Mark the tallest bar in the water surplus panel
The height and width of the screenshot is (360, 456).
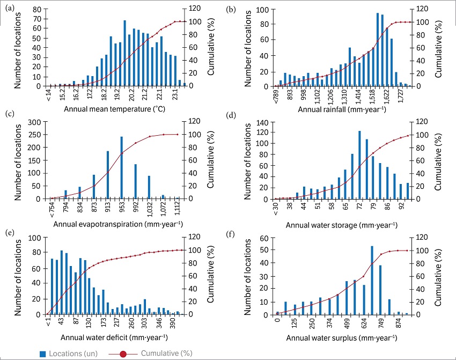372,280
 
